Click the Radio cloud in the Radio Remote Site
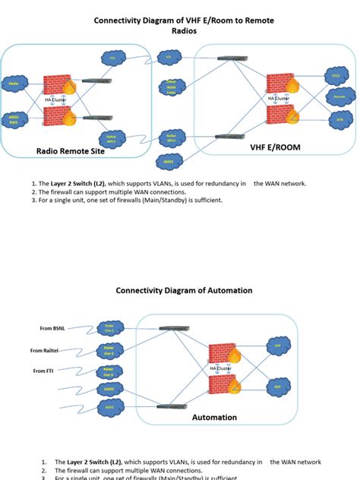click(x=14, y=84)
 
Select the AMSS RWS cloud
click(x=14, y=120)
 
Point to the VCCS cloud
click(x=336, y=76)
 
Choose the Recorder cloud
click(x=339, y=97)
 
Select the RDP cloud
click(x=278, y=384)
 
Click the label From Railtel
click(x=45, y=350)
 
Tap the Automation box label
click(x=214, y=417)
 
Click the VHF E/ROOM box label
click(x=270, y=148)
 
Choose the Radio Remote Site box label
click(x=71, y=151)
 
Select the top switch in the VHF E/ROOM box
click(x=227, y=58)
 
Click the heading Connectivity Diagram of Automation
click(x=184, y=290)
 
